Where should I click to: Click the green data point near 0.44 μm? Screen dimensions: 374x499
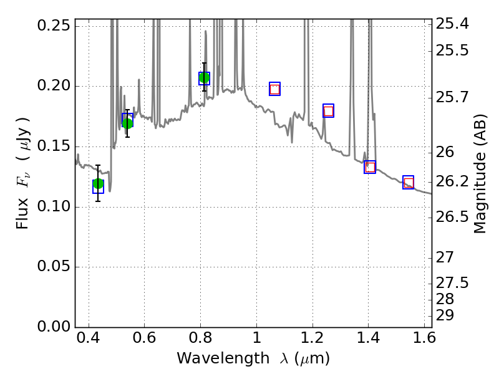click(98, 183)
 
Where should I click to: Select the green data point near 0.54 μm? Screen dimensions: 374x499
click(127, 123)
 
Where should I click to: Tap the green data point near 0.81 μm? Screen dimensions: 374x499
click(204, 78)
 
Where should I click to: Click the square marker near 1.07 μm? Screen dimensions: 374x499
click(274, 89)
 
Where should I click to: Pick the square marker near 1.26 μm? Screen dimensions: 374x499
click(328, 111)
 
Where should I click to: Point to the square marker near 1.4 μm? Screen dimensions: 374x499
click(370, 166)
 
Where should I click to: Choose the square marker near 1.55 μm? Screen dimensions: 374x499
click(409, 183)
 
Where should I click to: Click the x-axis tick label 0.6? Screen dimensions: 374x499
click(145, 341)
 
